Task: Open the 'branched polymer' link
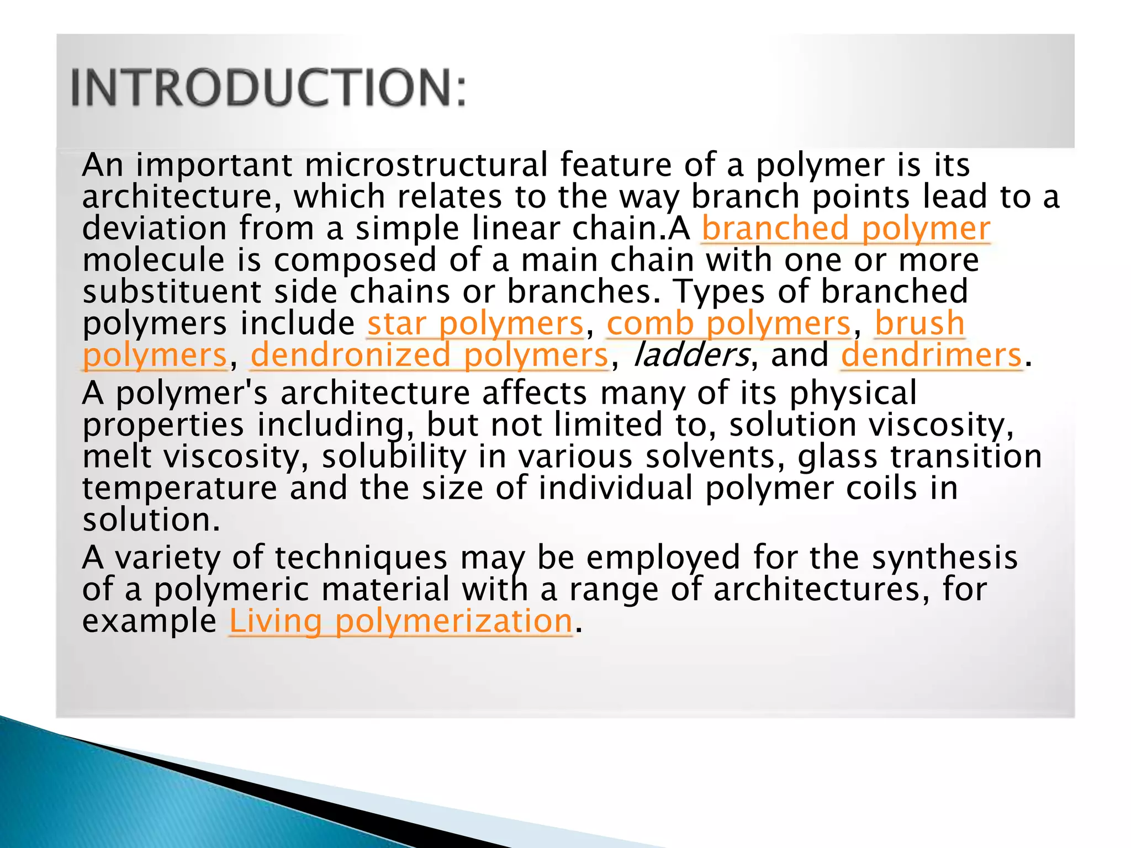[x=845, y=229]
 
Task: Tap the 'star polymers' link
[x=475, y=324]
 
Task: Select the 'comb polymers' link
[x=728, y=324]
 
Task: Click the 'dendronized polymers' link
[x=429, y=355]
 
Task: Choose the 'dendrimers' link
[x=931, y=355]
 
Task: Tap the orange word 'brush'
[x=919, y=324]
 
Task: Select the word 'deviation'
[x=154, y=229]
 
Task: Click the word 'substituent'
[x=172, y=291]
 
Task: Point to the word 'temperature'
[x=179, y=489]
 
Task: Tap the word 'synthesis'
[x=944, y=558]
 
